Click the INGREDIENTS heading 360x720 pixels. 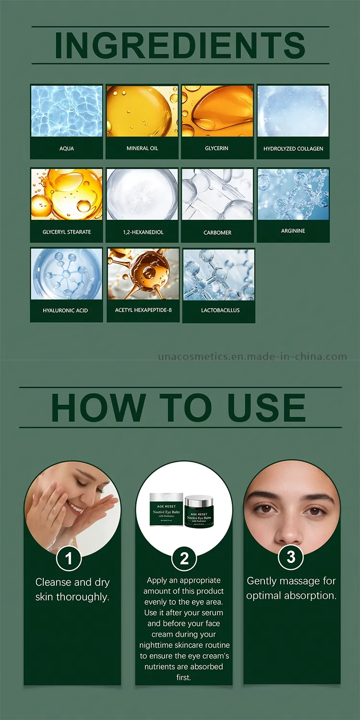click(180, 45)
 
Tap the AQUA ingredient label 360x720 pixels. click(67, 148)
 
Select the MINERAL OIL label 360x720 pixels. click(142, 148)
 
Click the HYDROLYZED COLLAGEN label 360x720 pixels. click(293, 149)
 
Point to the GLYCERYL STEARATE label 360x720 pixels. click(67, 232)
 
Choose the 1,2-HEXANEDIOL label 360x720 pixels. click(143, 232)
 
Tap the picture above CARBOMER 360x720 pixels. click(217, 194)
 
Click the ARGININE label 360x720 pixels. click(293, 231)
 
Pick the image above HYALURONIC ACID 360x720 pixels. click(67, 274)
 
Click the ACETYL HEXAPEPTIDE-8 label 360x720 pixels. click(143, 310)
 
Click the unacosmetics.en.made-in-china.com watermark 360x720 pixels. click(252, 357)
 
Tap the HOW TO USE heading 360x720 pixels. click(179, 408)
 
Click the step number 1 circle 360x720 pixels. click(69, 558)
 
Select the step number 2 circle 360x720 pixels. click(184, 558)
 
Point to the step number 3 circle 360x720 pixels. click(291, 557)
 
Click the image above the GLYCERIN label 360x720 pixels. click(217, 111)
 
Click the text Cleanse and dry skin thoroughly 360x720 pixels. click(72, 589)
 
